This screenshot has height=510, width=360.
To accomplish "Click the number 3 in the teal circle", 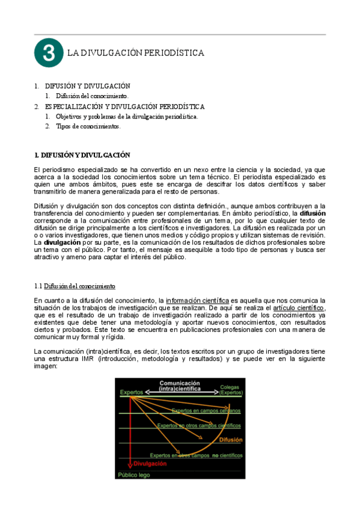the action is point(49,53).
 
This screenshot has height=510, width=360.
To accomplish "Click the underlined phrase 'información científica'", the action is point(198,300).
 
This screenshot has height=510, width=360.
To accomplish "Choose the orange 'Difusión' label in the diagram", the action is point(231,440).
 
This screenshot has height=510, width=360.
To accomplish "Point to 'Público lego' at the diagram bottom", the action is point(135,474).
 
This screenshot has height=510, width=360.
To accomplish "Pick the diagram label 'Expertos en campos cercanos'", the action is point(206,411).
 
